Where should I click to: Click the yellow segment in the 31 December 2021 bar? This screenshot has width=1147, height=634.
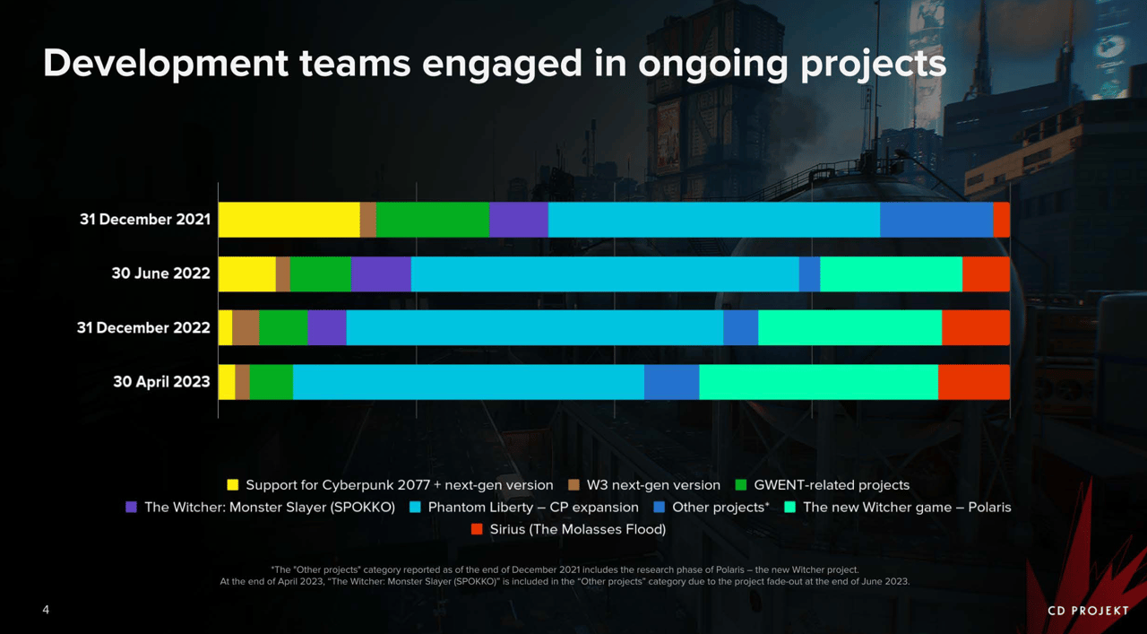tap(289, 220)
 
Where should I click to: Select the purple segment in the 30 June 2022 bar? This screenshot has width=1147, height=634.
tap(381, 274)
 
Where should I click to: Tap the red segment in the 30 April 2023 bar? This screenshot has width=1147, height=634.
tap(974, 382)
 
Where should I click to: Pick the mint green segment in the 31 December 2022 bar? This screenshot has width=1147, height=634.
tap(849, 327)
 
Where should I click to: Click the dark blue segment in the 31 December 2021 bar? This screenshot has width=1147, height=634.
tap(936, 220)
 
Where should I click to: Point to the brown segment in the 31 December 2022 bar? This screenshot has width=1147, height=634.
tap(246, 327)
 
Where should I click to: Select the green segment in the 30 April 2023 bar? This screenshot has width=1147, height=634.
tap(272, 382)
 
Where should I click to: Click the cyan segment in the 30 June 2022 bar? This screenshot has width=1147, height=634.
tap(605, 274)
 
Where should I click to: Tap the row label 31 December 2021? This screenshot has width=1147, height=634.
tap(144, 220)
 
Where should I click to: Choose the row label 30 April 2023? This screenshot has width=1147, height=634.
tap(161, 382)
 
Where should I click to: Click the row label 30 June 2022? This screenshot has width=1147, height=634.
tap(160, 274)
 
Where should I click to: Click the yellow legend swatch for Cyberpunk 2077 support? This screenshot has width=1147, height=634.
tap(233, 485)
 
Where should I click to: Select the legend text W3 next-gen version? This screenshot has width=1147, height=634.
tap(653, 485)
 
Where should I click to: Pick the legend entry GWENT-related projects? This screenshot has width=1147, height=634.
tap(832, 485)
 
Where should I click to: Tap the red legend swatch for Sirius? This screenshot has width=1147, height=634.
tap(477, 529)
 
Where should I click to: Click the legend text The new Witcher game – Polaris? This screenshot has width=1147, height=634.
tap(907, 508)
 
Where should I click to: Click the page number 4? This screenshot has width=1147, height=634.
tap(46, 611)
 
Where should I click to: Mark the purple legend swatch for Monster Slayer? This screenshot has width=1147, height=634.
tap(132, 508)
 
